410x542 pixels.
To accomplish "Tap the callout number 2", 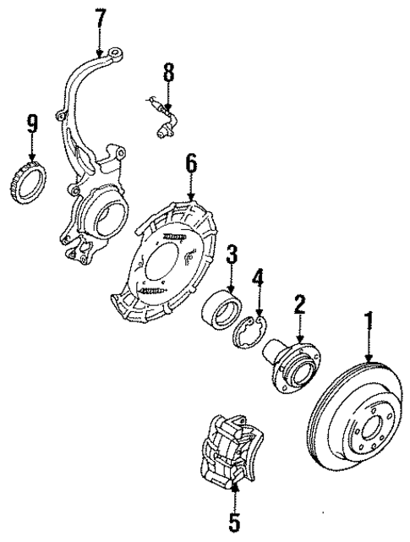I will coord(298,303).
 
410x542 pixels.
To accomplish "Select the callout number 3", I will coord(232,253).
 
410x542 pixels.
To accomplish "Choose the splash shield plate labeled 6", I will coord(165,262).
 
